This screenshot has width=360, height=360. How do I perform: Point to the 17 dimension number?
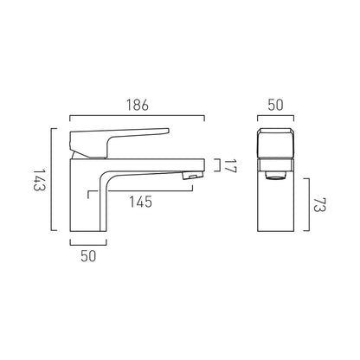(230, 167)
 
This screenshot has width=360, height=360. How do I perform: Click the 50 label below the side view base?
(88, 256)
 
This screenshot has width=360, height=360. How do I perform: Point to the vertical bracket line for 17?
(215, 167)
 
